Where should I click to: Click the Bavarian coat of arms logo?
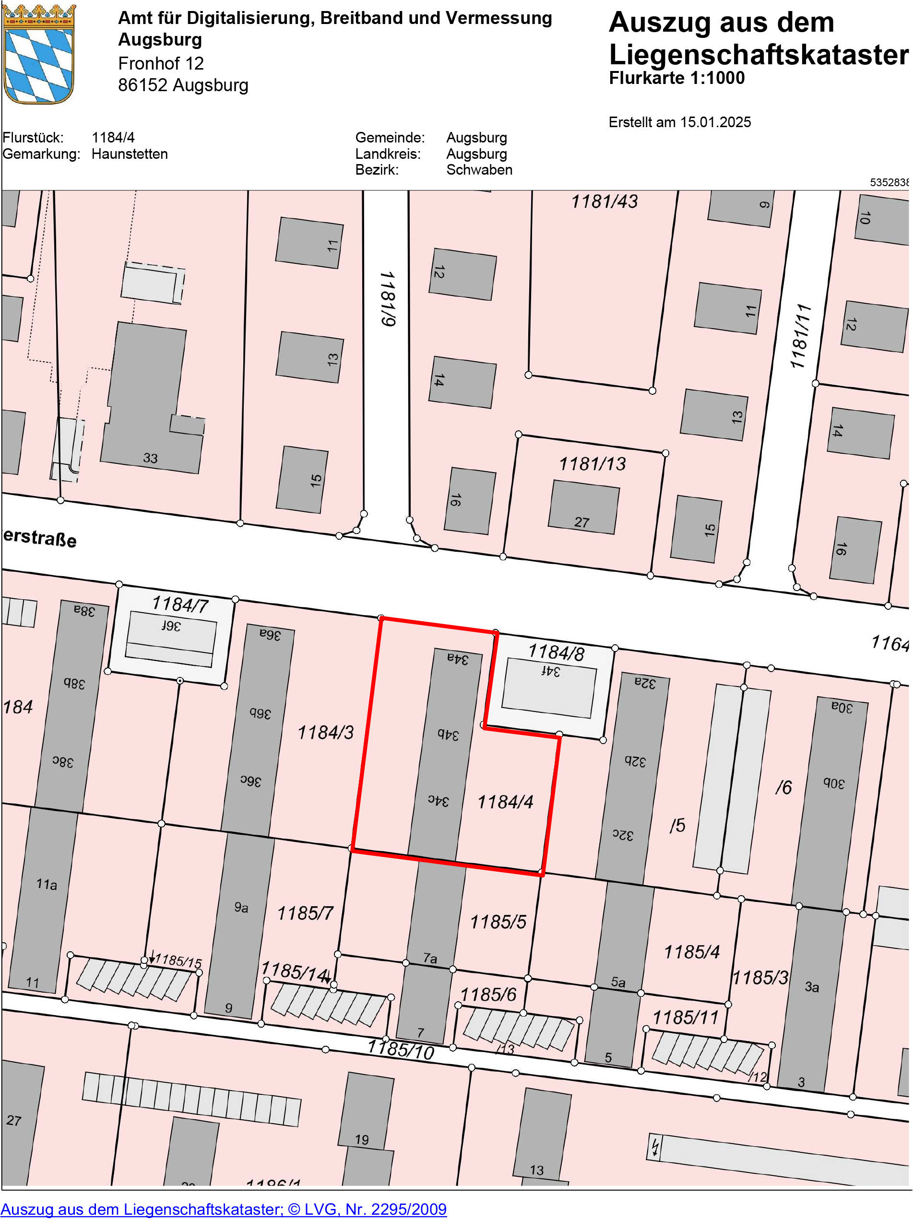pos(38,54)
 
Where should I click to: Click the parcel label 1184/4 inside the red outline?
pos(505,801)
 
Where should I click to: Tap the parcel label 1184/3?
pos(325,732)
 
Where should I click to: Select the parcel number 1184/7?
pos(180,604)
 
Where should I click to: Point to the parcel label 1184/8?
pos(556,652)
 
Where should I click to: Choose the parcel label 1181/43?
pos(604,201)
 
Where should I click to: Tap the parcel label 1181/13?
pos(593,464)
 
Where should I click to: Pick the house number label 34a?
pos(457,659)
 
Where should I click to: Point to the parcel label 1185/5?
pos(498,922)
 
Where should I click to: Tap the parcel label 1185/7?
pos(305,913)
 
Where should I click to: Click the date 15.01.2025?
pos(715,122)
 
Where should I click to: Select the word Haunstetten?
pos(130,154)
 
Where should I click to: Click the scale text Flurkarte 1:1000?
pos(676,78)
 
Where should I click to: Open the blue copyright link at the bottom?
pos(224,1209)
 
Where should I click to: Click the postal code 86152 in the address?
pos(142,85)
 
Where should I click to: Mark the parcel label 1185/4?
pos(691,952)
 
